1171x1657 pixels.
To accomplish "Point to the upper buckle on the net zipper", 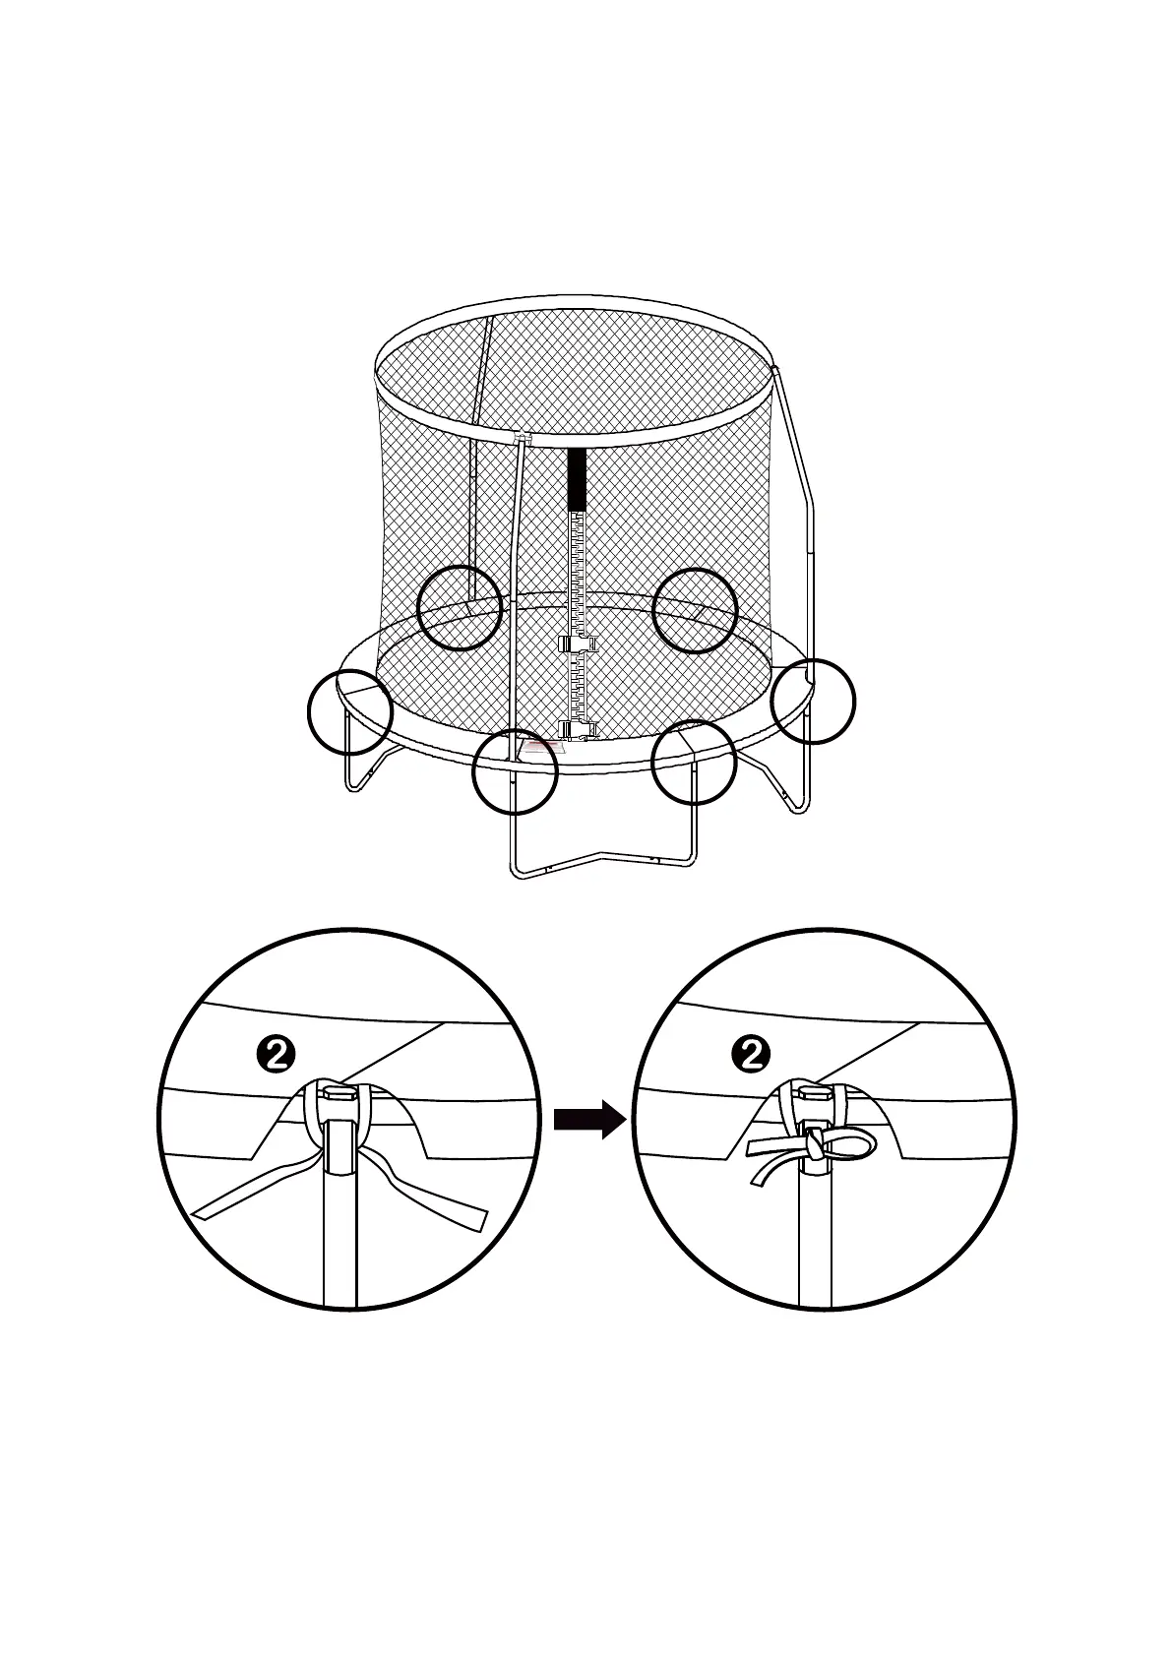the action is coord(578,644).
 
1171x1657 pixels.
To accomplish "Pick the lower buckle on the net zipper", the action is coord(578,729).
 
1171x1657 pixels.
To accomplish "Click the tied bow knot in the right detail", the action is coord(815,1145).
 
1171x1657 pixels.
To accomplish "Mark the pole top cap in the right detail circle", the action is coord(815,1094).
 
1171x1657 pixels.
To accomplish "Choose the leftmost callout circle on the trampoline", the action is coord(349,710).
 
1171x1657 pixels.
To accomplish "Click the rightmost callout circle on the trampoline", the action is coord(813,701).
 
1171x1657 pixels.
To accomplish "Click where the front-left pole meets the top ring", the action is coord(523,440).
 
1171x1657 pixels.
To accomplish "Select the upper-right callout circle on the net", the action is coord(696,610).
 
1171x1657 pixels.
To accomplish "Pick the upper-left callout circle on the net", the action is coord(460,607).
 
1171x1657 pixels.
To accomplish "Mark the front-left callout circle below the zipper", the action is coord(515,771).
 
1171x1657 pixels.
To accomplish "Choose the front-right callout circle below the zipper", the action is coord(694,763).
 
